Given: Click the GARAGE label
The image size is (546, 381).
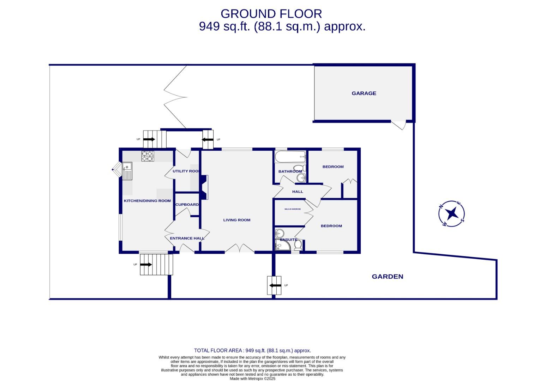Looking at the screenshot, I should [364, 93].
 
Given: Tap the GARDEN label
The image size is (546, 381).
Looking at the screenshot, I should [387, 277].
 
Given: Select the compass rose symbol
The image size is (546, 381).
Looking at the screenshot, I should [451, 213].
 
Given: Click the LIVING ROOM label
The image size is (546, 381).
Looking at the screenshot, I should [236, 220].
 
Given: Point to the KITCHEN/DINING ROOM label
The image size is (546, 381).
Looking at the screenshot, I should [147, 201].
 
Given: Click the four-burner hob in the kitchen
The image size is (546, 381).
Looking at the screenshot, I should [148, 156].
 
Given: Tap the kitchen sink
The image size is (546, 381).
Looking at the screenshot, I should [127, 170].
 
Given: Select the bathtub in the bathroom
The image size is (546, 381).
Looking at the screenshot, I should [290, 157].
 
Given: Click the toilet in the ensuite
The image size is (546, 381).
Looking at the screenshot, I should [298, 244].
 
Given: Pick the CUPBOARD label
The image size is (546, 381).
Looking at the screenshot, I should [187, 205].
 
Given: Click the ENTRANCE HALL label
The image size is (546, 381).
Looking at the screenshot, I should [187, 238].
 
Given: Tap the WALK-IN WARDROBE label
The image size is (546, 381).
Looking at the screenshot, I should [293, 209].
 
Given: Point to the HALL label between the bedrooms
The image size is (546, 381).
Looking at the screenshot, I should [298, 192].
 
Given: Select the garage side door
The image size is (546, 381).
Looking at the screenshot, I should [399, 125].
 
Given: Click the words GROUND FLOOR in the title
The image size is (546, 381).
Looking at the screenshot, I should [271, 14].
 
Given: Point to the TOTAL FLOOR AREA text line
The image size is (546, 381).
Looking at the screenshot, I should [252, 350].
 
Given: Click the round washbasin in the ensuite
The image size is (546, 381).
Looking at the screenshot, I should [280, 233].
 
